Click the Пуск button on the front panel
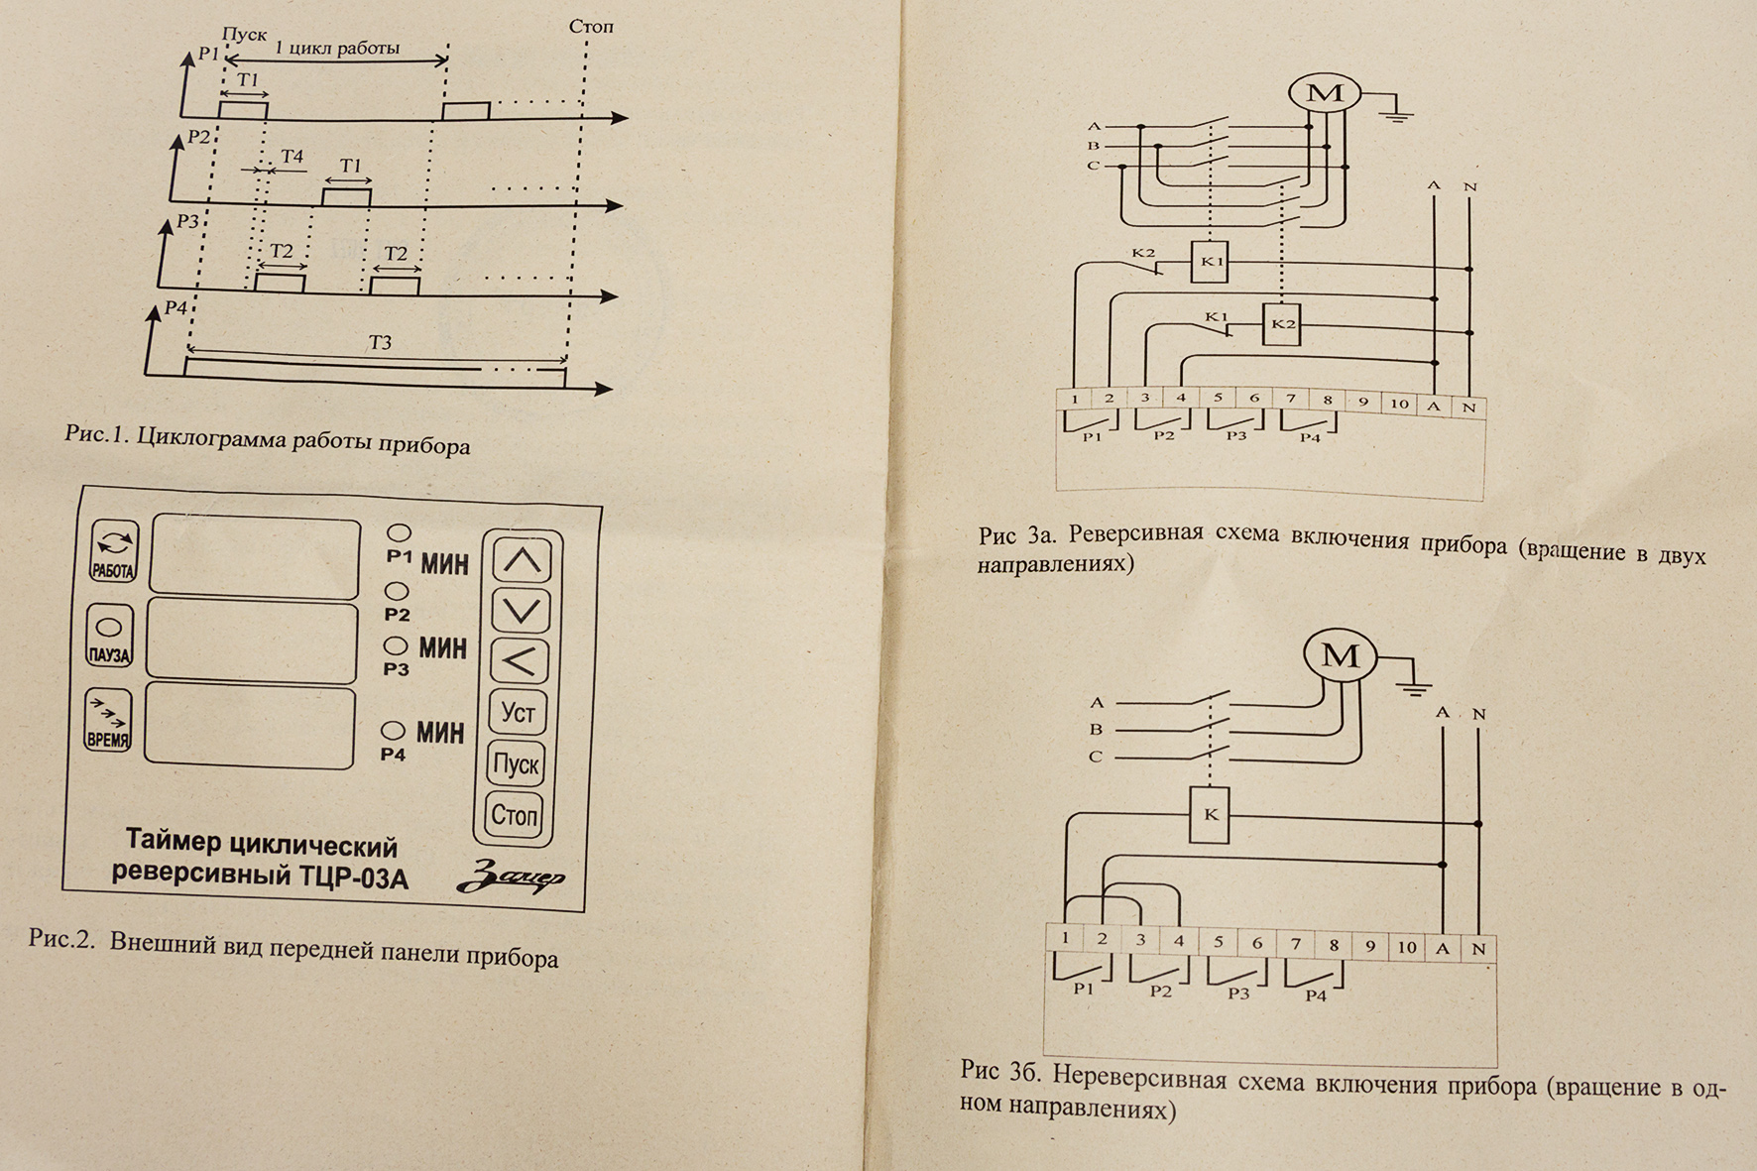click(516, 763)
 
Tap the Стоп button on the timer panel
click(514, 815)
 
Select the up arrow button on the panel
click(523, 561)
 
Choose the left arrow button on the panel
click(520, 661)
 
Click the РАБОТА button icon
click(114, 551)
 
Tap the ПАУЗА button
click(109, 637)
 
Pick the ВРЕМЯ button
click(107, 721)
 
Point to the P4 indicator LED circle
click(393, 731)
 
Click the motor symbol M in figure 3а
click(1325, 93)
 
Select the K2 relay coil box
click(1282, 324)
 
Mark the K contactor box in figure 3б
click(1210, 815)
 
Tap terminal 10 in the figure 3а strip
click(1398, 404)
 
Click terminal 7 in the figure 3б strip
click(1295, 945)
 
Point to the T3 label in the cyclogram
click(380, 343)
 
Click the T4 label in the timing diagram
click(292, 157)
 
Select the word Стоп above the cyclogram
click(591, 27)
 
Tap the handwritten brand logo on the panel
click(511, 877)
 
